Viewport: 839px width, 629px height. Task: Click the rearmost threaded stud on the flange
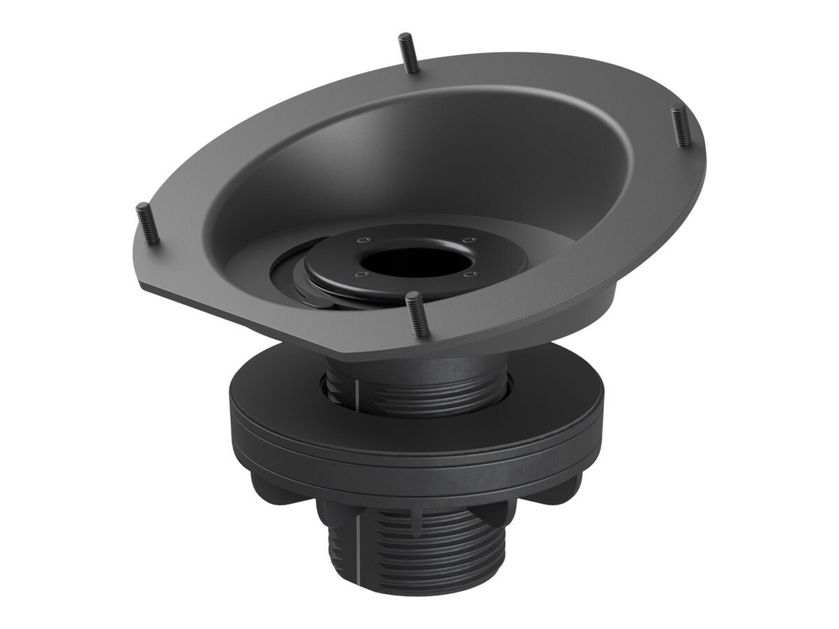(x=408, y=52)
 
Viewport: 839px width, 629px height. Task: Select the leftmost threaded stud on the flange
(x=147, y=223)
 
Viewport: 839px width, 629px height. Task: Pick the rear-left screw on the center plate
(x=361, y=240)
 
